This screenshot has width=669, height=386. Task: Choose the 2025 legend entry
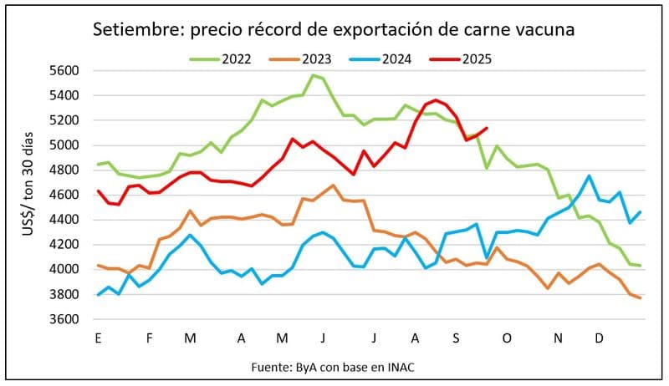pyautogui.click(x=477, y=59)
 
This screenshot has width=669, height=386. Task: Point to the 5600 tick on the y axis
pyautogui.click(x=64, y=71)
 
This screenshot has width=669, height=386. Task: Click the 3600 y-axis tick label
pyautogui.click(x=64, y=319)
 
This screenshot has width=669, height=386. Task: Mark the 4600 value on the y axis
pyautogui.click(x=64, y=195)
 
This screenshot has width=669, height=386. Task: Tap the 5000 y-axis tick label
pyautogui.click(x=64, y=145)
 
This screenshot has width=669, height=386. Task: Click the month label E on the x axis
pyautogui.click(x=99, y=338)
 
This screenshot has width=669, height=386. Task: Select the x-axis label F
pyautogui.click(x=149, y=338)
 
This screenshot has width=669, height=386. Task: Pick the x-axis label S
pyautogui.click(x=456, y=338)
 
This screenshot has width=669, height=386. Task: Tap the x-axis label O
pyautogui.click(x=507, y=338)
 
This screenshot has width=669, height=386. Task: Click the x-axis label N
pyautogui.click(x=558, y=338)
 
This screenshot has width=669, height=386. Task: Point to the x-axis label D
pyautogui.click(x=600, y=338)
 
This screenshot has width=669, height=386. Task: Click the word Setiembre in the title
pyautogui.click(x=138, y=30)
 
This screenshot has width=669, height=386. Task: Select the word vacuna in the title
pyautogui.click(x=539, y=30)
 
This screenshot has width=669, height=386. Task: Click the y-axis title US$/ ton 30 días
pyautogui.click(x=31, y=195)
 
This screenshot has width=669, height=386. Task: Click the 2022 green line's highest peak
pyautogui.click(x=313, y=75)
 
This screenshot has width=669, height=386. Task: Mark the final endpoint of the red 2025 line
pyautogui.click(x=487, y=128)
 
